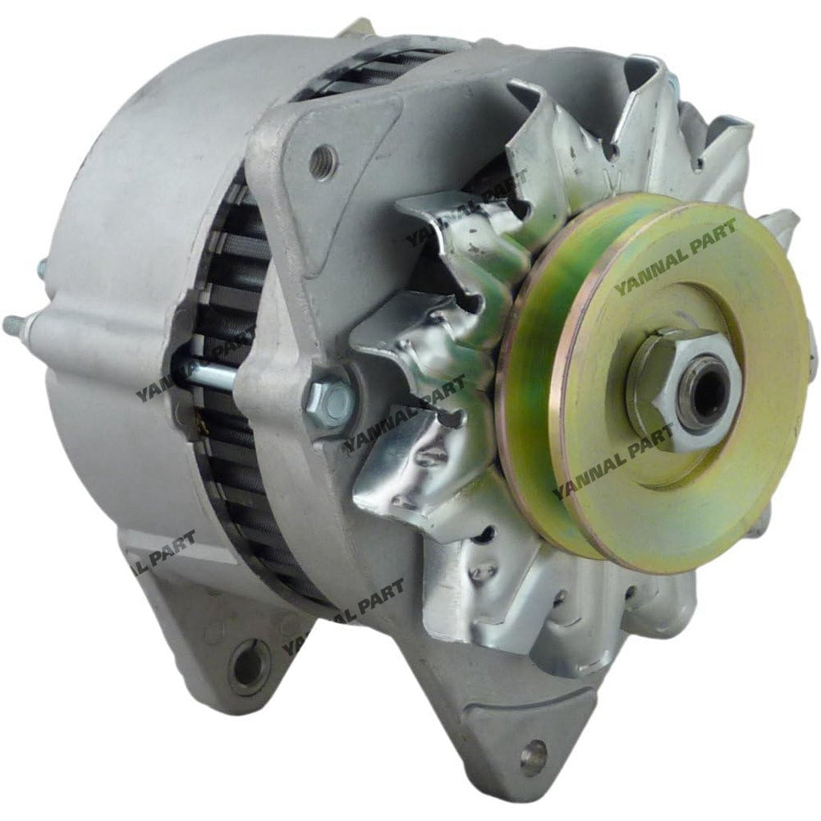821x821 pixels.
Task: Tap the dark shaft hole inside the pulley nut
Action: pos(704,395)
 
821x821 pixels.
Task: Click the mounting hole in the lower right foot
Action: pos(533,754)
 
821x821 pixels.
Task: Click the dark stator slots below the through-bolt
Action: pos(222,460)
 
